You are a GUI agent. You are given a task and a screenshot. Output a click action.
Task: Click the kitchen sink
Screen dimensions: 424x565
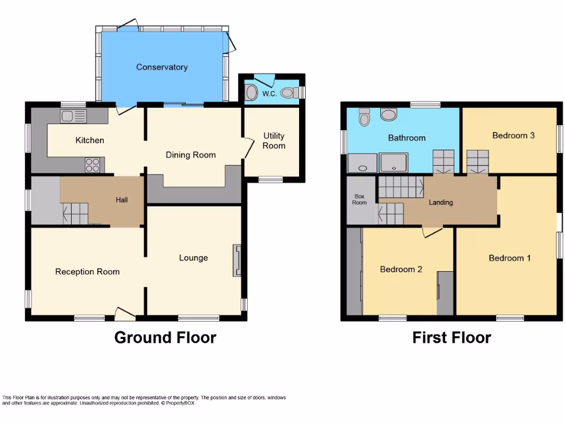click(74, 116)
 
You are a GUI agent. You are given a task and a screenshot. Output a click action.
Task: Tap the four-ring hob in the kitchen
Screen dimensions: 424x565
click(93, 164)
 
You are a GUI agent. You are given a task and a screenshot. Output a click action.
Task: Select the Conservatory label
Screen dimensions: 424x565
click(162, 67)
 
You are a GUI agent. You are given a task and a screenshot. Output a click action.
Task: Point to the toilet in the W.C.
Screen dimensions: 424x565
click(288, 93)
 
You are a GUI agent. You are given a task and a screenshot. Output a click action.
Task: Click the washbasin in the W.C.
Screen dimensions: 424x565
click(250, 93)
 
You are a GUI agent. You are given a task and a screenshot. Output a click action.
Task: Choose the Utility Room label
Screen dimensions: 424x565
click(274, 141)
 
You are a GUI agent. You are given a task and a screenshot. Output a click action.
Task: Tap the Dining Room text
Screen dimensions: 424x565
click(190, 155)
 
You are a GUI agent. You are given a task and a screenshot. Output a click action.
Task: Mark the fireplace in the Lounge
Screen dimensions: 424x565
click(237, 261)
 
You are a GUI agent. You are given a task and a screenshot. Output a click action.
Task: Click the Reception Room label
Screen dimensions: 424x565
click(87, 272)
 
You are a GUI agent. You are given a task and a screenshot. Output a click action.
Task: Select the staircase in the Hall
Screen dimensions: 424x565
click(75, 213)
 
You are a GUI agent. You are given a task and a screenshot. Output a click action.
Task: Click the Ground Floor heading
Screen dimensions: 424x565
click(165, 337)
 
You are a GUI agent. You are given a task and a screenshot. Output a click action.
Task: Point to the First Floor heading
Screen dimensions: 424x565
click(451, 337)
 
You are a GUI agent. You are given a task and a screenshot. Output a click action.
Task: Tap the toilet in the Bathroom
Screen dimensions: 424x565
click(364, 117)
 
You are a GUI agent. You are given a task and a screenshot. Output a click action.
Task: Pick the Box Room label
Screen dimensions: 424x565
click(360, 199)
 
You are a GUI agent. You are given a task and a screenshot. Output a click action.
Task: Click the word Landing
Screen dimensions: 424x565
click(441, 203)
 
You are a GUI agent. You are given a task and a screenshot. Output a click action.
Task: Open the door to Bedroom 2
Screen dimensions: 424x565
click(433, 232)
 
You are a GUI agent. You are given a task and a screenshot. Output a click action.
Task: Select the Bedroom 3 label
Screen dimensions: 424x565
click(513, 135)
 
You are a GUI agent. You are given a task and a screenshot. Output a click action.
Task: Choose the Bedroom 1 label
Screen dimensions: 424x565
click(509, 258)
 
